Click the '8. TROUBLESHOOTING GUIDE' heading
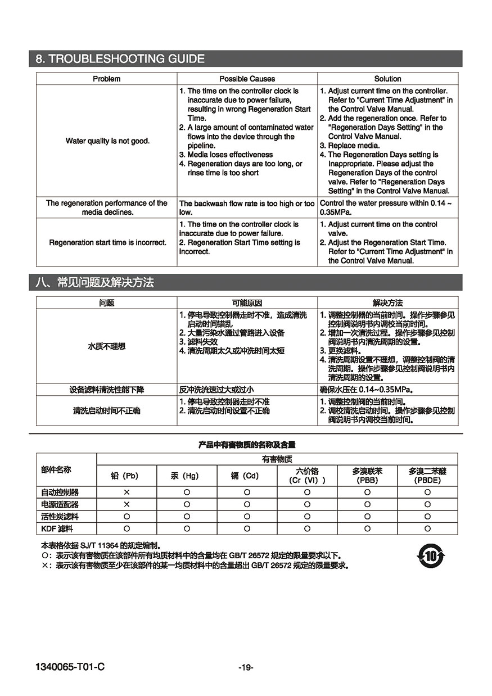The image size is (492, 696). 120,59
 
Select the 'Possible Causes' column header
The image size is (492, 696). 247,79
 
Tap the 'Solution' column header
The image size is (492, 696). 387,79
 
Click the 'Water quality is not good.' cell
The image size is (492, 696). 107,141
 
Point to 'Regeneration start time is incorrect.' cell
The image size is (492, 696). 107,242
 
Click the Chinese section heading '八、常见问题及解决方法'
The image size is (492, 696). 94,282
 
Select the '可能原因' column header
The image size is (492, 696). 247,302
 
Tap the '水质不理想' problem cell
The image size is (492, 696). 107,346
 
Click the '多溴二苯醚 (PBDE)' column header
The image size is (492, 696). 427,476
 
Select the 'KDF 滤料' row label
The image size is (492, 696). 57,528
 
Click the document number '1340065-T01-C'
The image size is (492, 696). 70,667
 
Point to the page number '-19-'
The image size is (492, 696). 246,667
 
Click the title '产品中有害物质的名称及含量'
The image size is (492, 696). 247,445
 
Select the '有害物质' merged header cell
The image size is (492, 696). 277,459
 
